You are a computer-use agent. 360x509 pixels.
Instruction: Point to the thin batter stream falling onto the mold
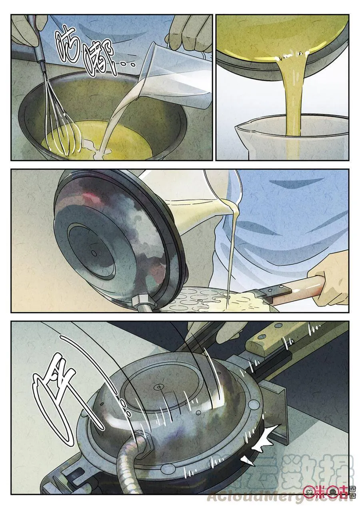coord(230,256)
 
